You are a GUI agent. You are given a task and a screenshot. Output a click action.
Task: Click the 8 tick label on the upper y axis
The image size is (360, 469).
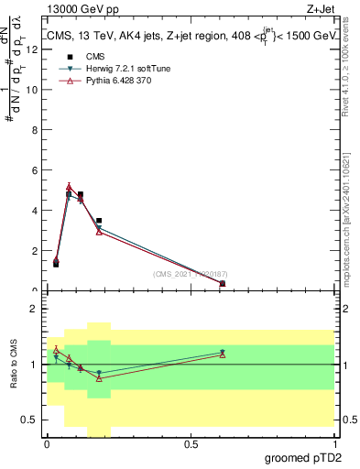coord(36,130)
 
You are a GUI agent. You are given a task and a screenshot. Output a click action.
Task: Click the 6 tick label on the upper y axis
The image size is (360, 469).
coord(36,170)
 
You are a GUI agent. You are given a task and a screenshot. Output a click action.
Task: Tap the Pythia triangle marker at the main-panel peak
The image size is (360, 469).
coord(69,188)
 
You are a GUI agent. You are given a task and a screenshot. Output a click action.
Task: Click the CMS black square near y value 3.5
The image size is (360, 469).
coord(99,221)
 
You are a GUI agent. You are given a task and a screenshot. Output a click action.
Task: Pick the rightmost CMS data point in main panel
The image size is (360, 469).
coord(223,283)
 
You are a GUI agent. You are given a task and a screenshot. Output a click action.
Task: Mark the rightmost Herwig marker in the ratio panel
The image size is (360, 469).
coord(223,352)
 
